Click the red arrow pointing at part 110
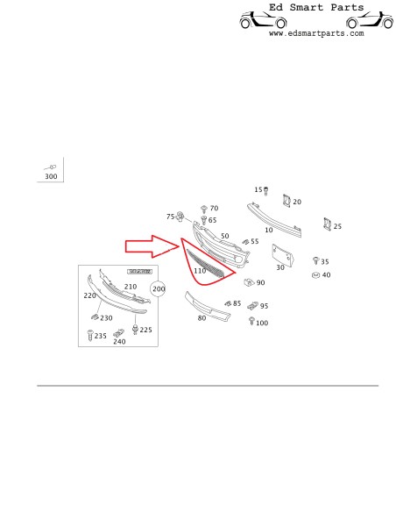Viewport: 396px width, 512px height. [x=152, y=245]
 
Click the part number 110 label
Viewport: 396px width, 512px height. [x=200, y=271]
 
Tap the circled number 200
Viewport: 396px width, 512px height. [x=159, y=289]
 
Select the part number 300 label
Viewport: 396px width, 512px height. [x=51, y=176]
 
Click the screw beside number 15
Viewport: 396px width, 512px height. [x=265, y=191]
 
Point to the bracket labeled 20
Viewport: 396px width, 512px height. [x=286, y=201]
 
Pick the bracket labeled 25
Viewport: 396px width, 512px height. [x=327, y=224]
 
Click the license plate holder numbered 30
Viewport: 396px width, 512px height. [x=282, y=256]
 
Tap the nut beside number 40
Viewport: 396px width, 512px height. [x=315, y=275]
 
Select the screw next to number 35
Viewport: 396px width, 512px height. [x=315, y=260]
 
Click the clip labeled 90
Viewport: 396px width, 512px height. [x=249, y=281]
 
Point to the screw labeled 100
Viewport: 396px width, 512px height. [x=251, y=321]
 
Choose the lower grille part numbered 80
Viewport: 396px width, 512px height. [x=208, y=307]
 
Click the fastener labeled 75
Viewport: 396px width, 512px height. [x=180, y=217]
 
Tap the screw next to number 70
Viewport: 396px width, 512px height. [x=204, y=209]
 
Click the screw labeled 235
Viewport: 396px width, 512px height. [x=90, y=335]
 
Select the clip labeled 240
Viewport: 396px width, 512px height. [x=119, y=333]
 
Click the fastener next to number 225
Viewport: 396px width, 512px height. [x=135, y=329]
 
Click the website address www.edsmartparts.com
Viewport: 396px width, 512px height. [x=316, y=33]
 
